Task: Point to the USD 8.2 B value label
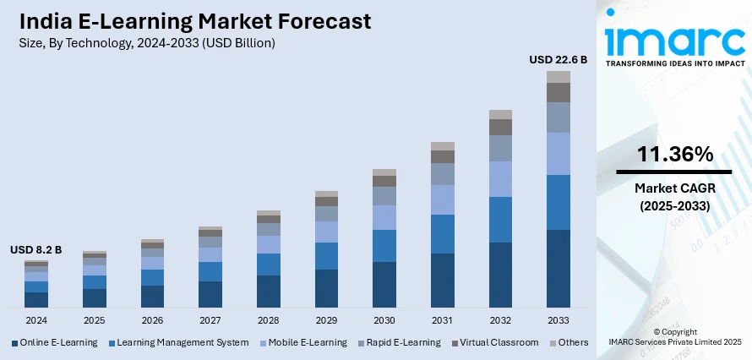36,250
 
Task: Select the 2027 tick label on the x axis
210,321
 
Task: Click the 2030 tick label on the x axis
384,321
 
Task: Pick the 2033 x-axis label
559,321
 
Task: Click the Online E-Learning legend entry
59,342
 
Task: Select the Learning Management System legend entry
183,342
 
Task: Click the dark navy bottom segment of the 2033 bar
559,268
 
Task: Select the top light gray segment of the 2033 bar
559,77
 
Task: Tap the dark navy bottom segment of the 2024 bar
36,299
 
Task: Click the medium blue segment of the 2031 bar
443,234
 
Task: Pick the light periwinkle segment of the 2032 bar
501,179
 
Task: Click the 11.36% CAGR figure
674,154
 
